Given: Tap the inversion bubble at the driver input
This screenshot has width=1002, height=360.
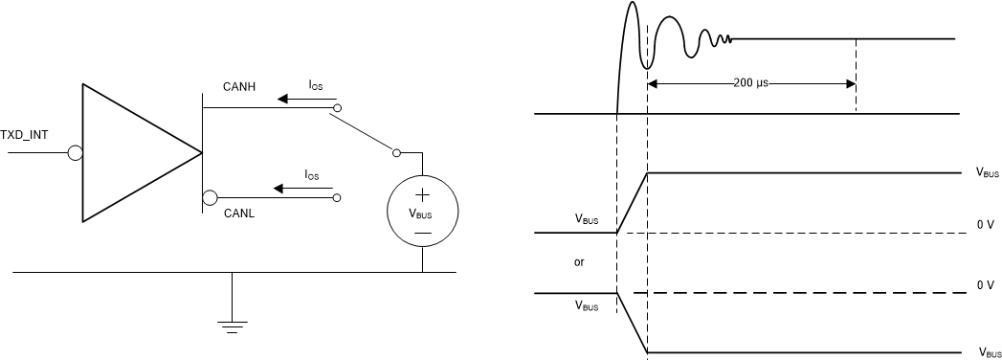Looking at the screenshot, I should click(x=76, y=152).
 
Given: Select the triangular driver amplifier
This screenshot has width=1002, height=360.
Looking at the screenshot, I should click(x=134, y=153).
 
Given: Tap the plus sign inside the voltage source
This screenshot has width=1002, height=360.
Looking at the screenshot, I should click(x=422, y=195).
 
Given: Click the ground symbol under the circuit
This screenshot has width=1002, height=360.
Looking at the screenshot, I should click(x=232, y=322).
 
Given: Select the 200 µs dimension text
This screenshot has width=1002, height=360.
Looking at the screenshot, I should click(x=750, y=83).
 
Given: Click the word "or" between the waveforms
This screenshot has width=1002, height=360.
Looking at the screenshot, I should click(x=579, y=261).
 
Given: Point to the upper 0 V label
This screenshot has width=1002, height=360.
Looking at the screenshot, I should click(x=986, y=224).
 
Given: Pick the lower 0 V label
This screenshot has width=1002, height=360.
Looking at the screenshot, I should click(x=986, y=285).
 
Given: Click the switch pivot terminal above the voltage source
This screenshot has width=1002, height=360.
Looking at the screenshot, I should click(x=396, y=152).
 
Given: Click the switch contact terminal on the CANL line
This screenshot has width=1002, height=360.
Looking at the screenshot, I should click(x=336, y=198).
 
